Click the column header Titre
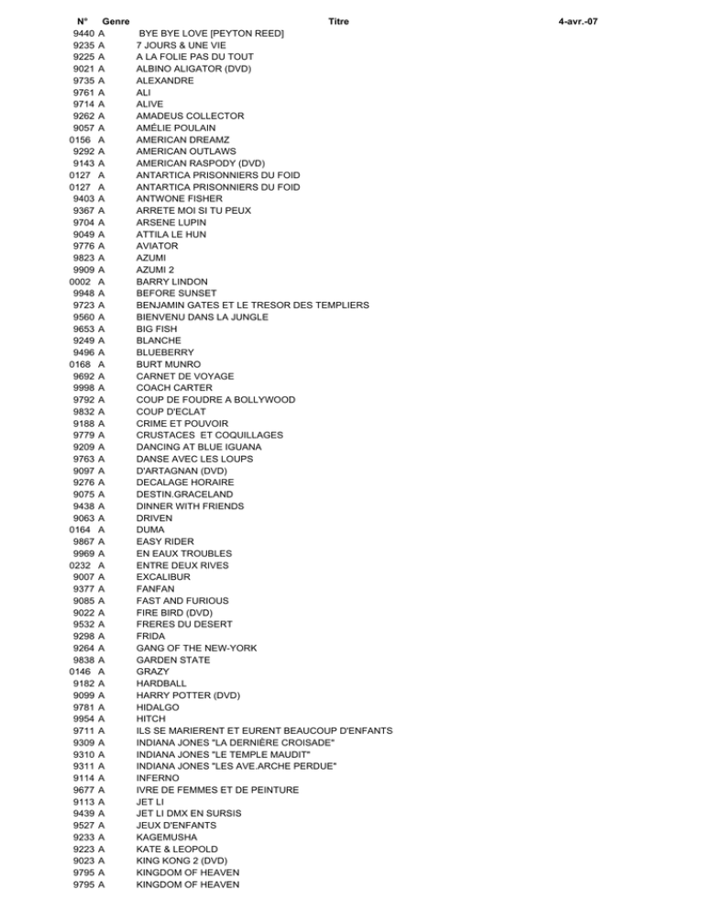click(337, 21)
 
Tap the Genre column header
click(115, 21)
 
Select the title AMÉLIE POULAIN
click(176, 128)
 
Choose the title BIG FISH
click(157, 328)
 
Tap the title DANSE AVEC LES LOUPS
click(194, 459)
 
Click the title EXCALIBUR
click(164, 577)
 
